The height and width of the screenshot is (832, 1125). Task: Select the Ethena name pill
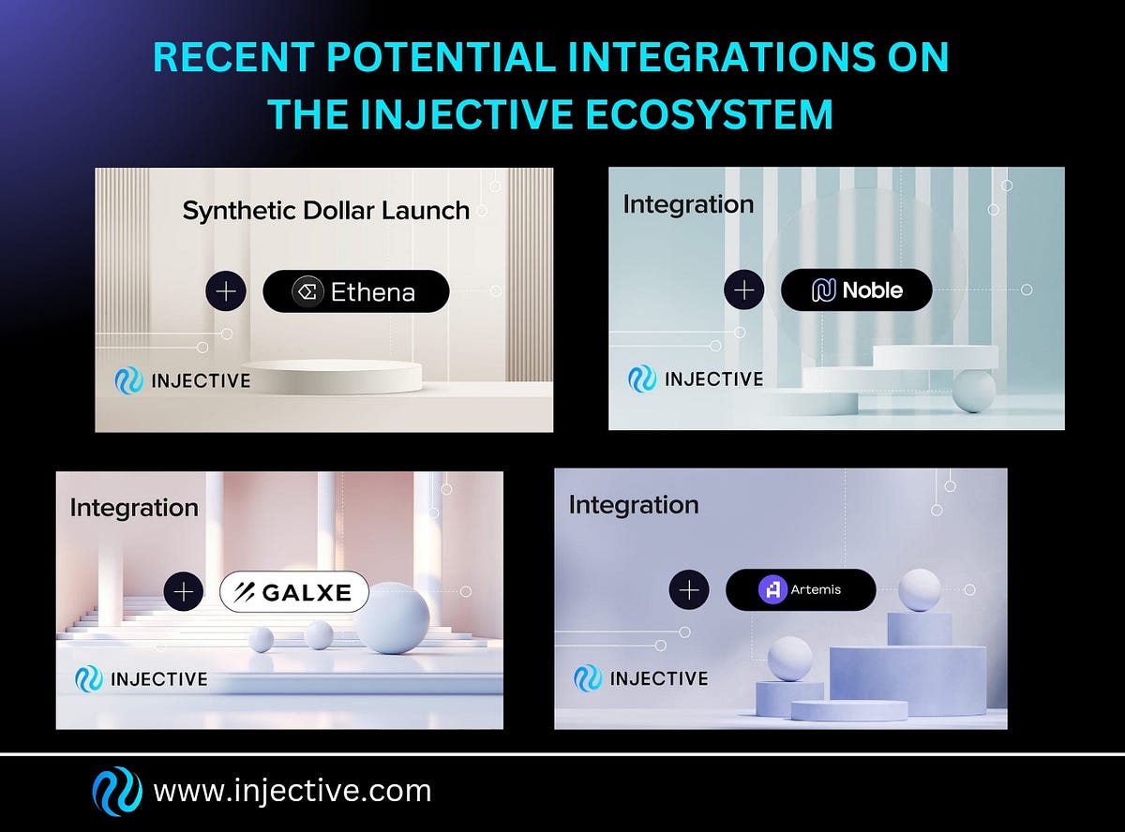click(x=356, y=291)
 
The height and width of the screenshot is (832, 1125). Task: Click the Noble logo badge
click(x=856, y=290)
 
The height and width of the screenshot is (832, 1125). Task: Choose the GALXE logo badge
click(x=294, y=591)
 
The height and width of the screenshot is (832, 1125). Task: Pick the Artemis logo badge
click(x=801, y=589)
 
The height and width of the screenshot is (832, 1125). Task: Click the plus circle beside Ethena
click(x=226, y=291)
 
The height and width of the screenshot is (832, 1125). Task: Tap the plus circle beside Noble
click(x=744, y=290)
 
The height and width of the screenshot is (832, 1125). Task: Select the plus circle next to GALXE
click(x=184, y=591)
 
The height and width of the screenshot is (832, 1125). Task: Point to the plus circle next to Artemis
click(x=689, y=589)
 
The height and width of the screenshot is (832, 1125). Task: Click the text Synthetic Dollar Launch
click(x=325, y=210)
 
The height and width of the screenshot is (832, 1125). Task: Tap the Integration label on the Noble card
click(x=688, y=204)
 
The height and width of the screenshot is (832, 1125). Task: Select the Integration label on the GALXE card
click(x=134, y=508)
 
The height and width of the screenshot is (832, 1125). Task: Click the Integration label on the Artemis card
click(x=634, y=505)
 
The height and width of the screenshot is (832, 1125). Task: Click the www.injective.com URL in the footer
click(x=292, y=791)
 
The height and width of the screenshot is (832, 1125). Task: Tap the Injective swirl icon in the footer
click(x=117, y=792)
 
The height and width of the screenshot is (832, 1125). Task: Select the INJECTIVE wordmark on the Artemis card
click(x=659, y=678)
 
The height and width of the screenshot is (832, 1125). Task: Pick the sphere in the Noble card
click(x=973, y=390)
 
